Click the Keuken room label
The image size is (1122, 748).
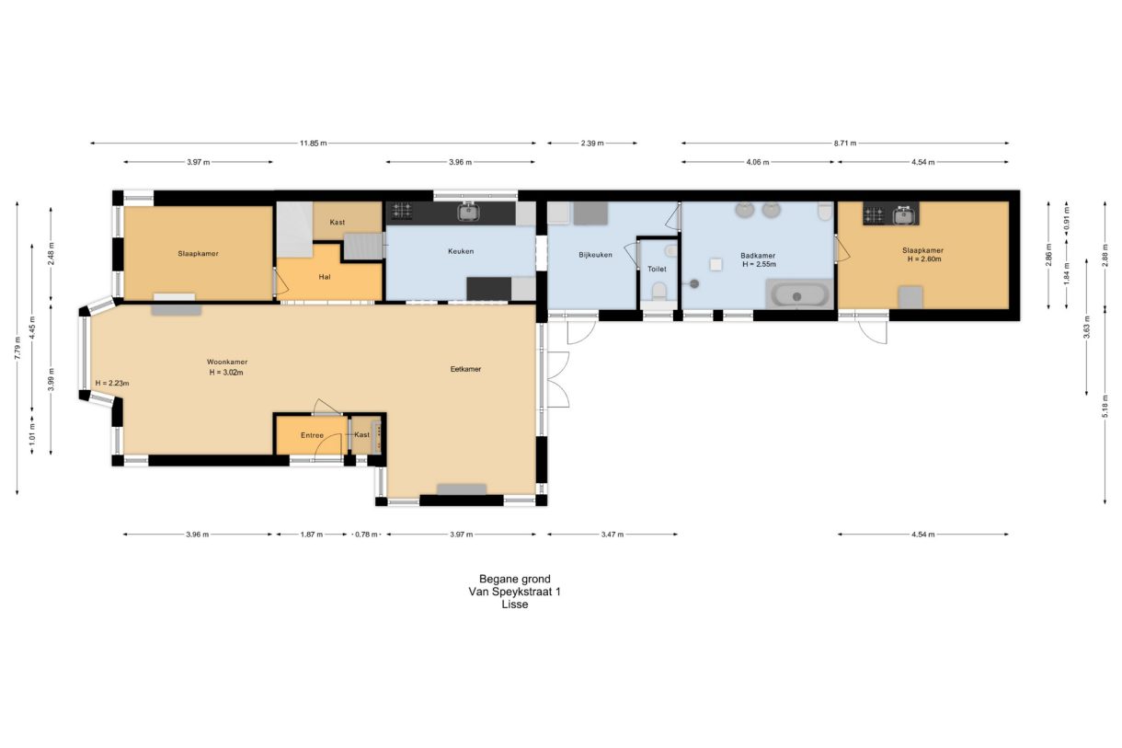tap(461, 251)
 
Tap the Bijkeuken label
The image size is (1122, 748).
tap(595, 255)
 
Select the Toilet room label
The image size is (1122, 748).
tap(657, 270)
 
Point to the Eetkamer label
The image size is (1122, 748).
tap(465, 369)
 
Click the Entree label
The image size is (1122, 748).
tap(312, 435)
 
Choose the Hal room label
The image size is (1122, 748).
tap(324, 277)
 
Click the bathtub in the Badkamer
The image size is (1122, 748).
tap(799, 294)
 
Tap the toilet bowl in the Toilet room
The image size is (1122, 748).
tap(659, 292)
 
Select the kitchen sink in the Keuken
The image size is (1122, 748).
tap(469, 212)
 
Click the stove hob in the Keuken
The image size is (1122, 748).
tap(402, 211)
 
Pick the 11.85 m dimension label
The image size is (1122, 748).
tap(313, 144)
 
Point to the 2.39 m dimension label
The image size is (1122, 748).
tap(592, 144)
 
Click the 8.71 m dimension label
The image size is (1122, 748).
tap(845, 144)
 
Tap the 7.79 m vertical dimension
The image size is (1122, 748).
tap(17, 348)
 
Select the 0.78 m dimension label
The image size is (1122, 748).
tap(366, 535)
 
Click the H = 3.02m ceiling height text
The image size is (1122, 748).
tap(226, 373)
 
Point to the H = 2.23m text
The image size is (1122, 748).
tap(112, 384)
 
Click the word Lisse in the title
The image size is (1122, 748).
tap(515, 604)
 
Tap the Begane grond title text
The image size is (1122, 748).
tap(515, 579)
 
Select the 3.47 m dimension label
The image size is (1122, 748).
tap(613, 535)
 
